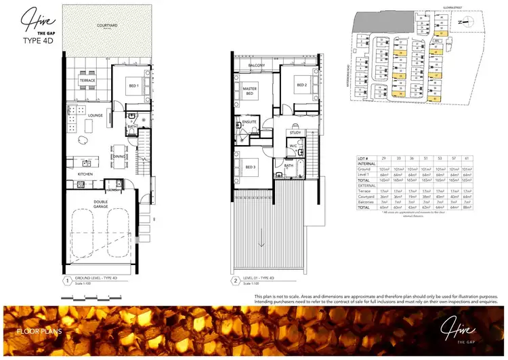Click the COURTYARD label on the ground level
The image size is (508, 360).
(108, 25)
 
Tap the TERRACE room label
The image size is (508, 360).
(88, 81)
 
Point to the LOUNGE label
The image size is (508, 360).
(95, 115)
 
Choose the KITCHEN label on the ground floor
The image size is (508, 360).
(85, 174)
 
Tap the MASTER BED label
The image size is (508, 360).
(249, 91)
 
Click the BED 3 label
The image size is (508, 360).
(250, 167)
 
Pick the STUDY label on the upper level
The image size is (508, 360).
(295, 133)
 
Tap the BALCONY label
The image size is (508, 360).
(256, 65)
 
